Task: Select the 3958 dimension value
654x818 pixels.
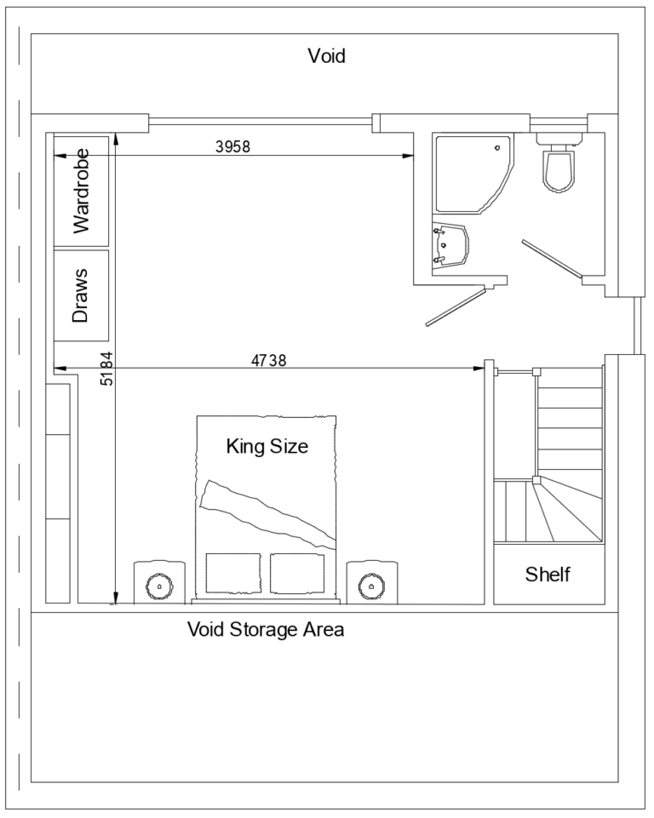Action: pyautogui.click(x=232, y=146)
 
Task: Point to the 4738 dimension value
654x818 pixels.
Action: pyautogui.click(x=268, y=360)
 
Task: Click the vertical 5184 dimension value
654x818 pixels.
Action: pyautogui.click(x=106, y=368)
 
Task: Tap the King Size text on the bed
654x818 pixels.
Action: pyautogui.click(x=267, y=445)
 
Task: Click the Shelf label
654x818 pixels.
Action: pyautogui.click(x=548, y=574)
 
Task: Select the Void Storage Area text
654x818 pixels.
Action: pyautogui.click(x=266, y=630)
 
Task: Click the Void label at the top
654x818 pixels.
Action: pyautogui.click(x=326, y=57)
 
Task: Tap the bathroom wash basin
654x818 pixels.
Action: pyautogui.click(x=451, y=245)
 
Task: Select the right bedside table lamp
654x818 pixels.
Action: pyautogui.click(x=371, y=585)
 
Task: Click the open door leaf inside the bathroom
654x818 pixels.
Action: pyautogui.click(x=552, y=259)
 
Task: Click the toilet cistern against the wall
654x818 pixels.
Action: pyautogui.click(x=559, y=138)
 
